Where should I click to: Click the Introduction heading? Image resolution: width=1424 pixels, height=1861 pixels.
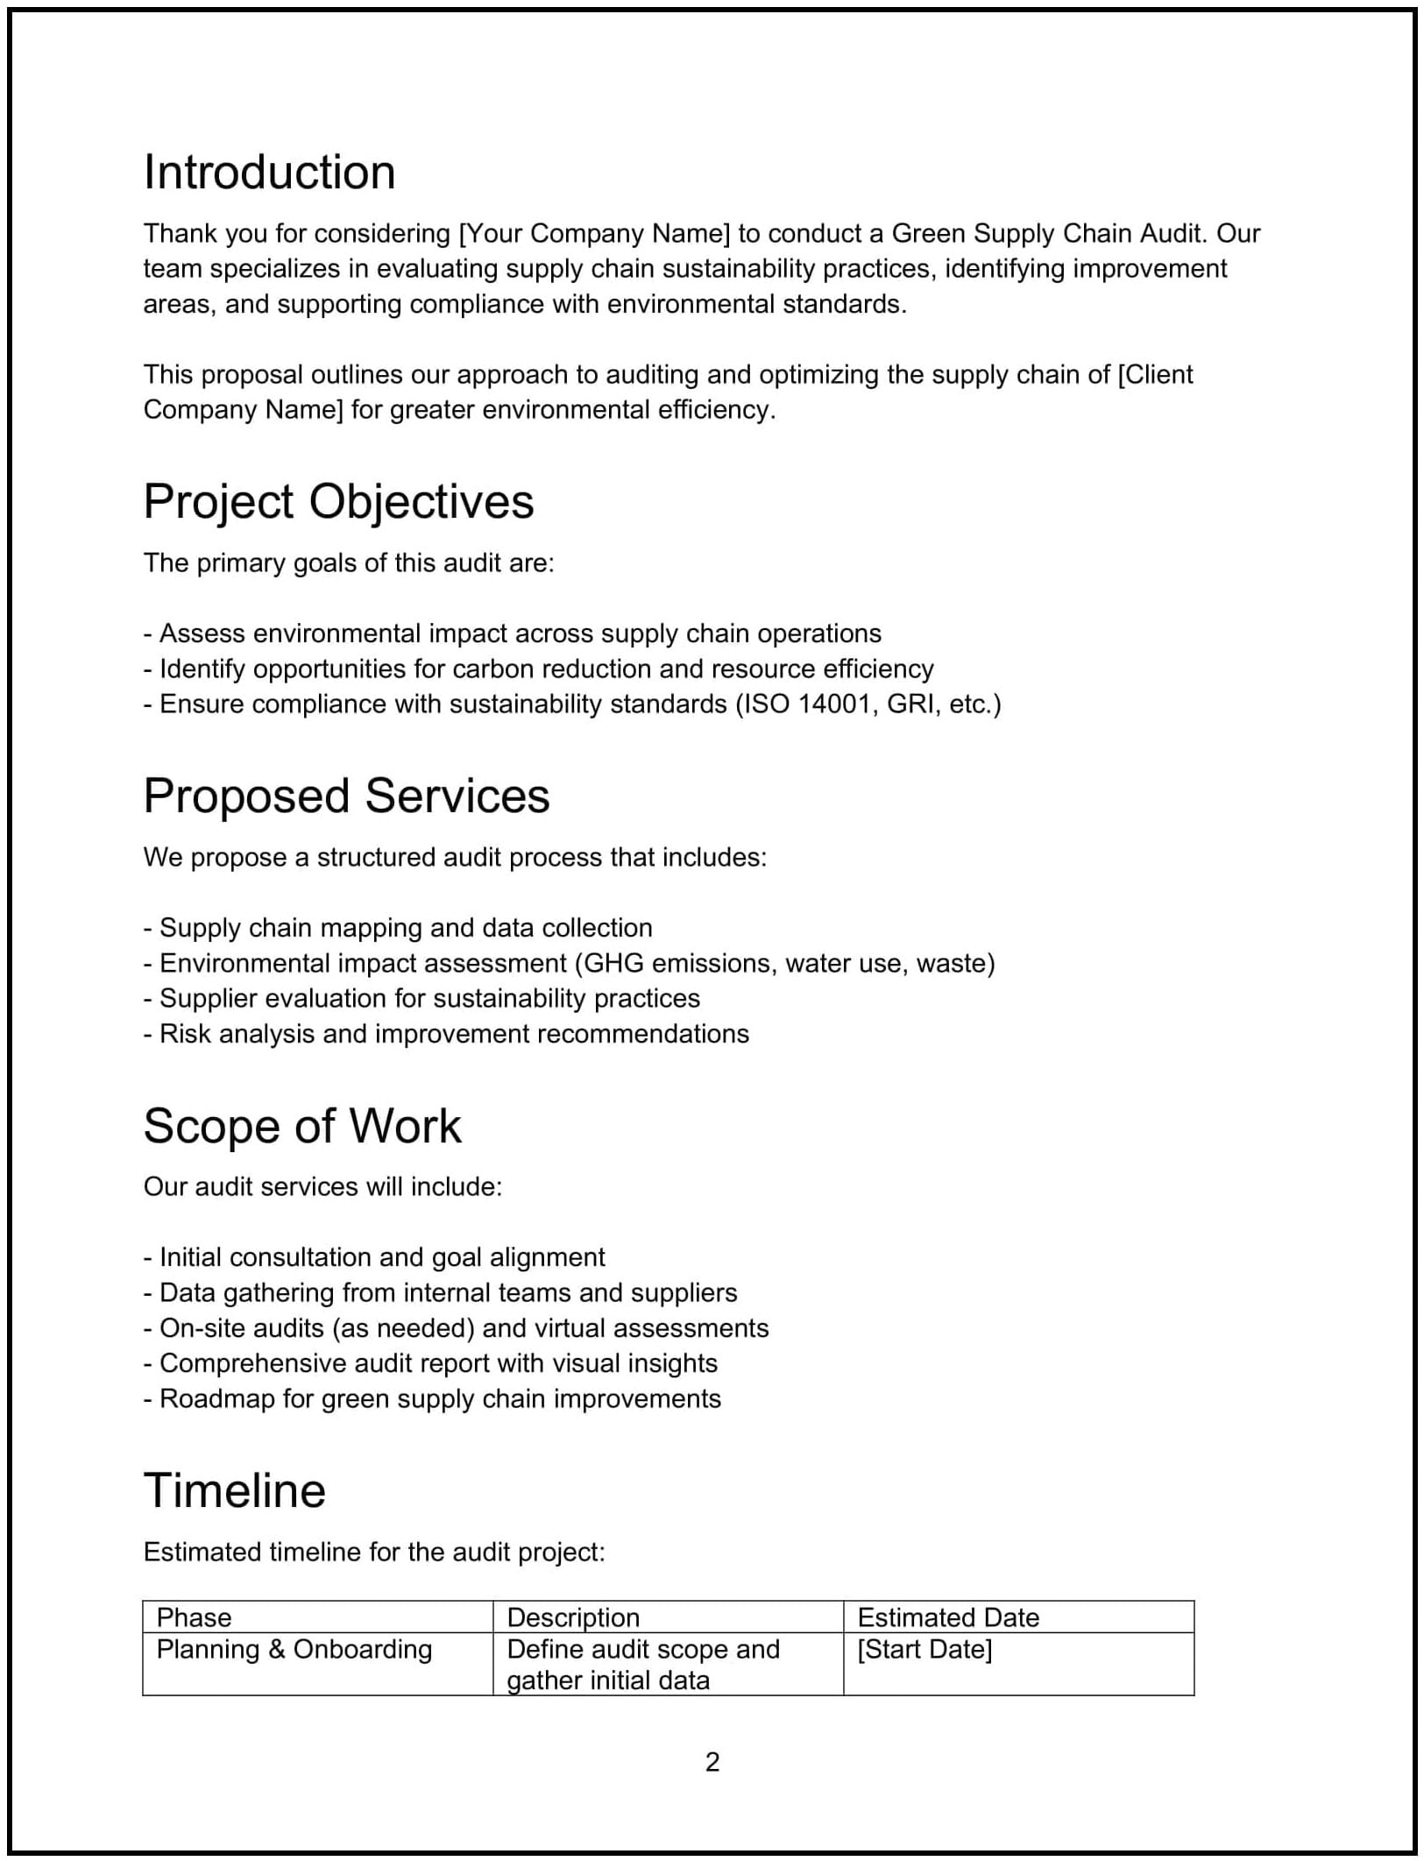pyautogui.click(x=269, y=172)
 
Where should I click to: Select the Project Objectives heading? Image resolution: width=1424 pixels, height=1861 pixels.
pyautogui.click(x=338, y=501)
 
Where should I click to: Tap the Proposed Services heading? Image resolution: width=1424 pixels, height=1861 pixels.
pyautogui.click(x=346, y=796)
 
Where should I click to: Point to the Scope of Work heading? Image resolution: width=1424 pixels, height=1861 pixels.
pyautogui.click(x=301, y=1125)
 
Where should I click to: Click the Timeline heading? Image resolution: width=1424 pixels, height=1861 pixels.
pyautogui.click(x=234, y=1490)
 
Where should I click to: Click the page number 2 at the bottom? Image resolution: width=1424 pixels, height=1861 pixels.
pyautogui.click(x=712, y=1761)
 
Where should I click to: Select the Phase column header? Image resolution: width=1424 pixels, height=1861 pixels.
pyautogui.click(x=194, y=1617)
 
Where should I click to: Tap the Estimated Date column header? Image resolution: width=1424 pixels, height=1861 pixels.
pyautogui.click(x=947, y=1617)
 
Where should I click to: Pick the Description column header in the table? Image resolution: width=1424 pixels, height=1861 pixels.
pyautogui.click(x=573, y=1617)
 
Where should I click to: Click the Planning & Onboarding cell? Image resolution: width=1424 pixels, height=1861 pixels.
pyautogui.click(x=294, y=1649)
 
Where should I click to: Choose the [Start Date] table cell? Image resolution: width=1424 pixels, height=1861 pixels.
pyautogui.click(x=925, y=1649)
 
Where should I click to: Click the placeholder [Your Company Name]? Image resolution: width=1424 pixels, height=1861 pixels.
pyautogui.click(x=594, y=233)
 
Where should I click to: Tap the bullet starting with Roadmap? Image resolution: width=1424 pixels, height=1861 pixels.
pyautogui.click(x=432, y=1398)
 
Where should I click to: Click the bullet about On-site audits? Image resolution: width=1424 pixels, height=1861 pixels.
pyautogui.click(x=456, y=1327)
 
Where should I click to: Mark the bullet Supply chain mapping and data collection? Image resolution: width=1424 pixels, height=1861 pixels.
pyautogui.click(x=399, y=927)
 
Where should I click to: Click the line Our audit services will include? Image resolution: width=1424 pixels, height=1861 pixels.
pyautogui.click(x=322, y=1186)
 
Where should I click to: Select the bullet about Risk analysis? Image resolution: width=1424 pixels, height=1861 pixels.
pyautogui.click(x=446, y=1033)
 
